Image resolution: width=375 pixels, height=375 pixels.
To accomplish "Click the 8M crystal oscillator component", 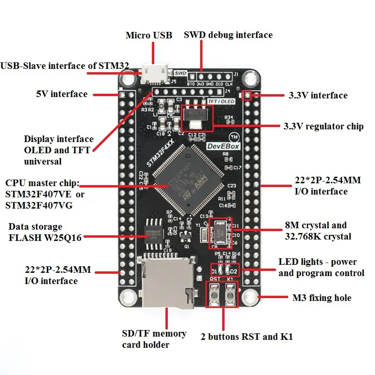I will (x=219, y=233).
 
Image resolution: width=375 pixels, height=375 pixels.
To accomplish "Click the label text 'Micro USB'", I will (x=149, y=35).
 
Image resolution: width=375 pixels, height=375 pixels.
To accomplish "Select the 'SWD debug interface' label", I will (x=228, y=35).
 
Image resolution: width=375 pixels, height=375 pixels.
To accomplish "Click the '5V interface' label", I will (x=62, y=94).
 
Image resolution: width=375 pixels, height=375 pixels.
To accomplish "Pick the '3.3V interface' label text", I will (x=318, y=95).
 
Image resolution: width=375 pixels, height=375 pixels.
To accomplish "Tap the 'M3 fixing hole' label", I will (x=322, y=298).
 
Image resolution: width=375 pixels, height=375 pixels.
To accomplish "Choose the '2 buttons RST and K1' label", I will (x=247, y=337).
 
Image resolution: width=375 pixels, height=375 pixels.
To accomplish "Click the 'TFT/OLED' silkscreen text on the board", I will (x=223, y=100).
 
